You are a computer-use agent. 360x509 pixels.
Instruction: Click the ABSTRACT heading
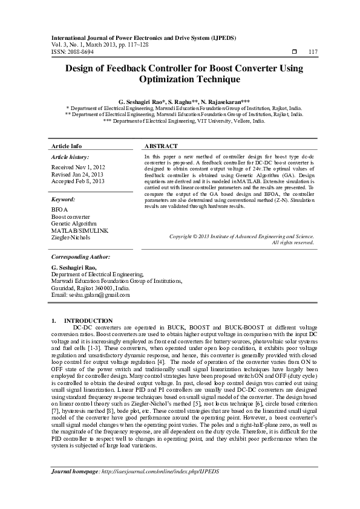(162, 147)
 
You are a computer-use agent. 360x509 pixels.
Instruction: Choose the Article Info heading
(67, 147)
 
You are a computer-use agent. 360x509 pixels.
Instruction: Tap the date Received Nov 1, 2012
(78, 166)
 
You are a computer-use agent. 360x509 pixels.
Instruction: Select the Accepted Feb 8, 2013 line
(78, 181)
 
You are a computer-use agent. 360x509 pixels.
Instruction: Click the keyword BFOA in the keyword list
(59, 209)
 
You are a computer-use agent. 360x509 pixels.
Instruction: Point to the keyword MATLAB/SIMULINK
(80, 230)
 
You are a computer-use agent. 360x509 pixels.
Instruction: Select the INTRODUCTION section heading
(88, 320)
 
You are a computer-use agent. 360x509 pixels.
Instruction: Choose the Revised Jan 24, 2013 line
(77, 173)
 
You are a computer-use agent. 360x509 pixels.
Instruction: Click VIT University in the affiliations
(224, 121)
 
